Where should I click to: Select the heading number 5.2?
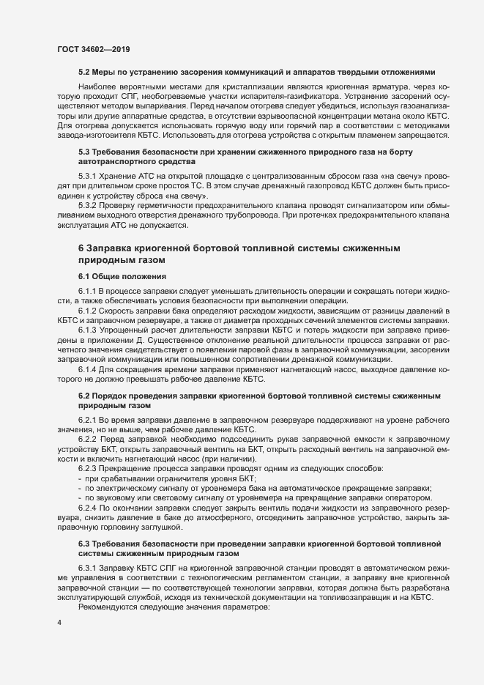point(83,72)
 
